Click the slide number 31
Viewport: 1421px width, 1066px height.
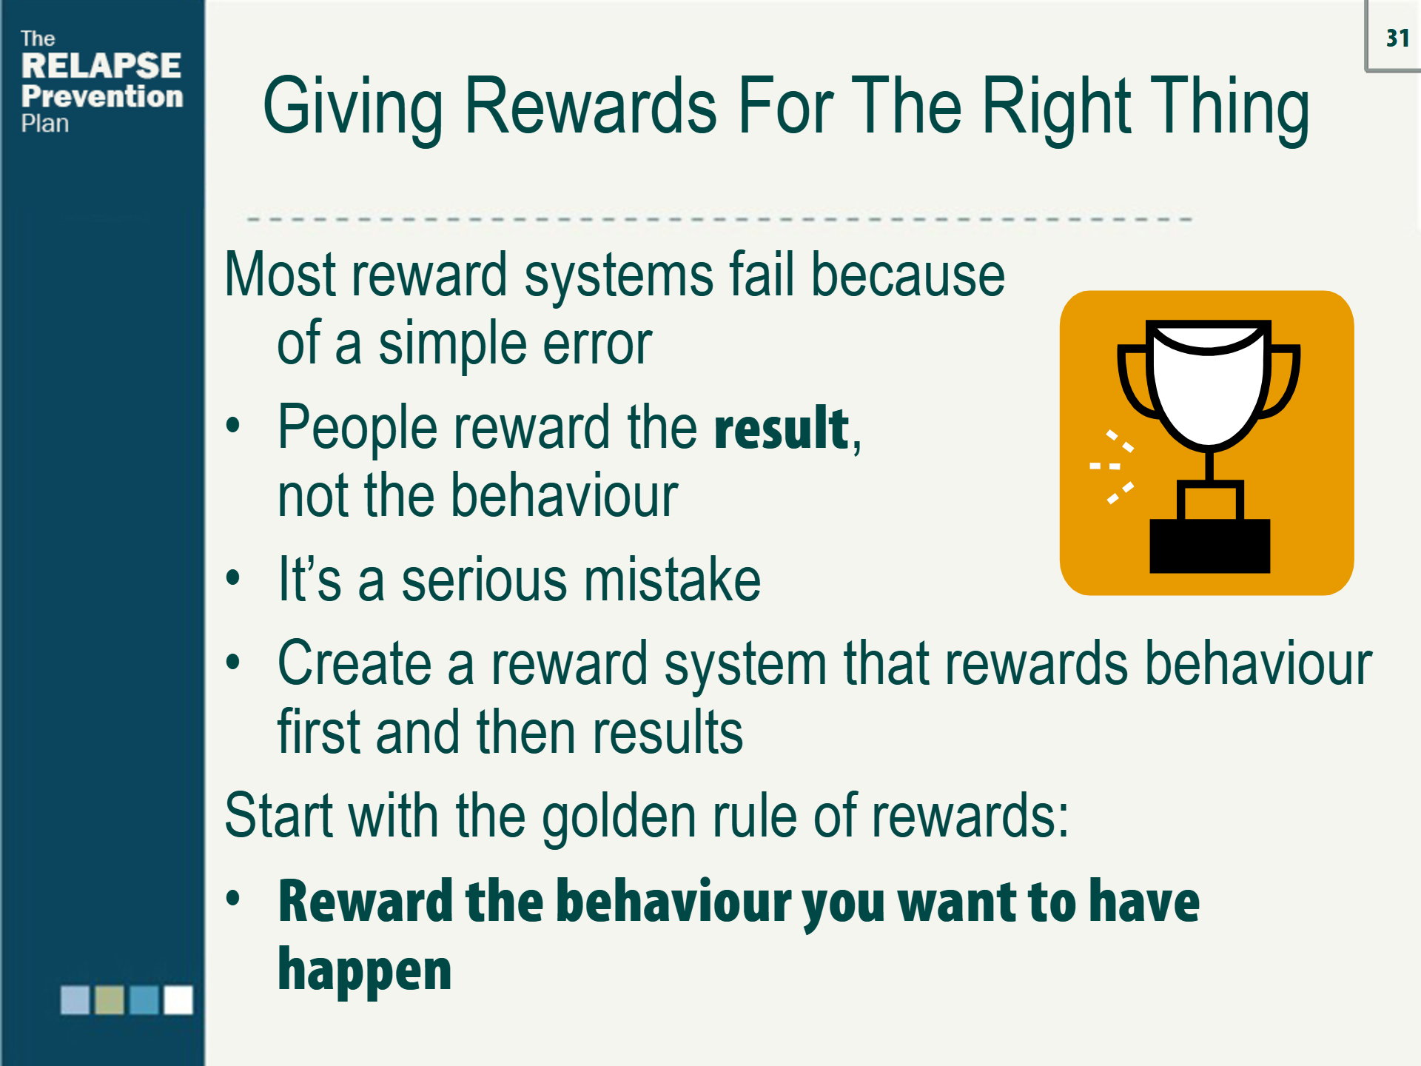click(1397, 38)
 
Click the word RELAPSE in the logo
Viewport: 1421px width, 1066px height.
click(101, 66)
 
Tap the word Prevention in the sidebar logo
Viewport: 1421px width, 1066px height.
click(102, 96)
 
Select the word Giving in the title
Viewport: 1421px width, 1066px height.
click(352, 107)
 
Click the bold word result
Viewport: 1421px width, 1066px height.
click(782, 429)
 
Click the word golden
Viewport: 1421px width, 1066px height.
click(619, 817)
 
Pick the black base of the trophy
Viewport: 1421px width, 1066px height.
click(1209, 546)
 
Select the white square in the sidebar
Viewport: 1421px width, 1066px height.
click(178, 999)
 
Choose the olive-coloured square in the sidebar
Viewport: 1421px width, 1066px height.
click(110, 999)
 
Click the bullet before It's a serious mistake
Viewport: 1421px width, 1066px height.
click(233, 578)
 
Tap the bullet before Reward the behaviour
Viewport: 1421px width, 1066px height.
click(233, 899)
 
